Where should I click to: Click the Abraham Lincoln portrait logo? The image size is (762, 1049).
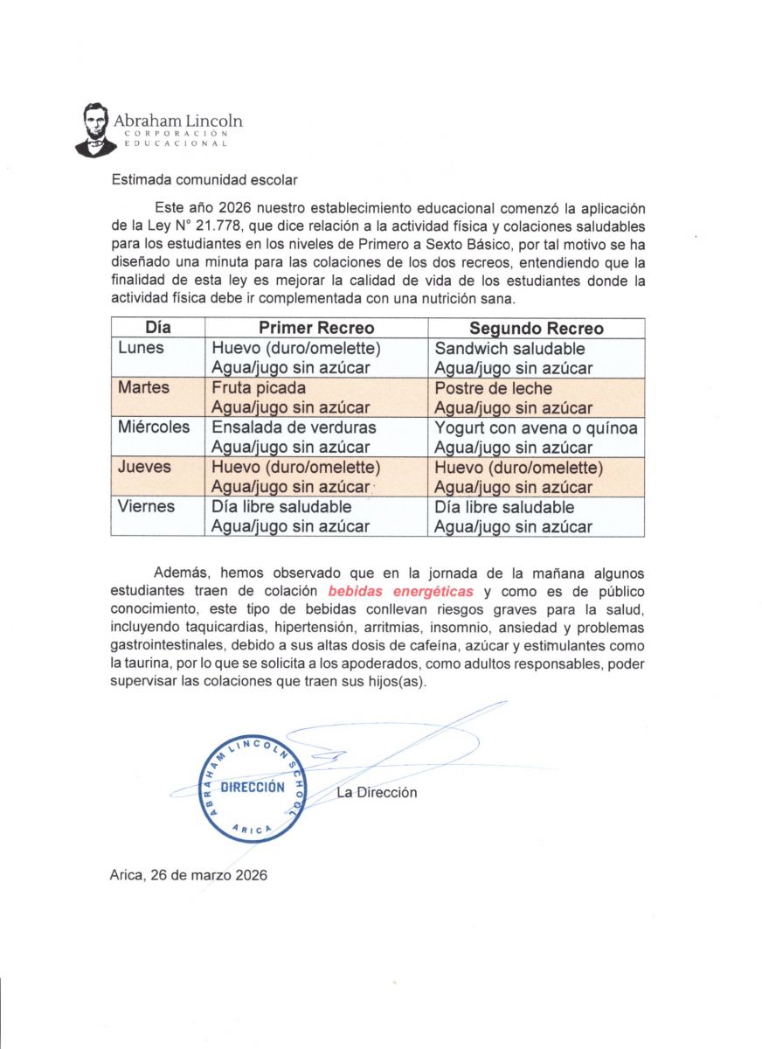tap(94, 129)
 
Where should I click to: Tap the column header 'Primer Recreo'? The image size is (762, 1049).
tap(315, 329)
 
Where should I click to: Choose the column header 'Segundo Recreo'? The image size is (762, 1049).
tap(536, 329)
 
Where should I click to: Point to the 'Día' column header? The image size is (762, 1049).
tap(157, 329)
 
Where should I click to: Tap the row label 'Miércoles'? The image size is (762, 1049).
tap(154, 427)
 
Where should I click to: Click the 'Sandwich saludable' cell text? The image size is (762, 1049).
tap(509, 349)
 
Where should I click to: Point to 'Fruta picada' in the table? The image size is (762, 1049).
tap(259, 388)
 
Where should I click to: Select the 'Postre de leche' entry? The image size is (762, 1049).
tap(493, 388)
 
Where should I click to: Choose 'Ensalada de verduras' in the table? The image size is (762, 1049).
tap(294, 427)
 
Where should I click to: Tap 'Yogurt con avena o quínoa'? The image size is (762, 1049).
tap(536, 427)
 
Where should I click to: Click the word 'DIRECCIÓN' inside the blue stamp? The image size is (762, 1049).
tap(253, 787)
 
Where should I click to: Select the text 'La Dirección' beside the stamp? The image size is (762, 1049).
tap(377, 793)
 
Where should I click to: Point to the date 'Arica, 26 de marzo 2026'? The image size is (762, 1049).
tap(189, 874)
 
